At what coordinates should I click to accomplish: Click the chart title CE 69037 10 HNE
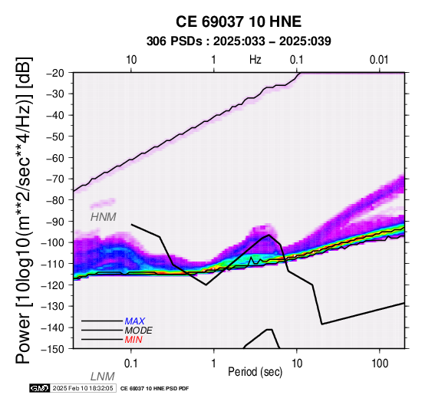pyautogui.click(x=239, y=21)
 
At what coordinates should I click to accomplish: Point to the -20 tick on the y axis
pyautogui.click(x=56, y=73)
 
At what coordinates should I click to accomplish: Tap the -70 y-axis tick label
pyautogui.click(x=56, y=179)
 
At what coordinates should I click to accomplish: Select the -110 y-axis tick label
pyautogui.click(x=54, y=264)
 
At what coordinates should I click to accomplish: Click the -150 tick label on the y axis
pyautogui.click(x=54, y=349)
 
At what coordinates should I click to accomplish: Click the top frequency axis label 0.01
pyautogui.click(x=379, y=60)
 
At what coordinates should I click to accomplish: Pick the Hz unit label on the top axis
pyautogui.click(x=255, y=60)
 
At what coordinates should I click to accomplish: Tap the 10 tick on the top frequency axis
pyautogui.click(x=131, y=60)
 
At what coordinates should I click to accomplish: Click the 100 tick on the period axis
pyautogui.click(x=380, y=364)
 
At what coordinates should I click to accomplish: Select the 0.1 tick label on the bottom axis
pyautogui.click(x=131, y=364)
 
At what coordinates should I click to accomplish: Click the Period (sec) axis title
pyautogui.click(x=255, y=372)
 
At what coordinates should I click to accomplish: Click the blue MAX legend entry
pyautogui.click(x=135, y=321)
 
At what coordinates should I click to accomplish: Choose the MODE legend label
pyautogui.click(x=139, y=331)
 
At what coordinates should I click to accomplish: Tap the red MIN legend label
pyautogui.click(x=133, y=340)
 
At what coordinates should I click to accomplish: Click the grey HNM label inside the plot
pyautogui.click(x=104, y=217)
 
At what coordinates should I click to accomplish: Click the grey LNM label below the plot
pyautogui.click(x=103, y=377)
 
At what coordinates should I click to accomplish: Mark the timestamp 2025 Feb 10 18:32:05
pyautogui.click(x=83, y=388)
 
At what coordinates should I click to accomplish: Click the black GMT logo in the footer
pyautogui.click(x=40, y=388)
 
